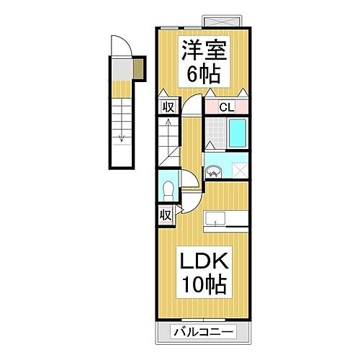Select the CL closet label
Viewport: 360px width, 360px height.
(225, 107)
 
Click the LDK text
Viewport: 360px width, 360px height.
(203, 260)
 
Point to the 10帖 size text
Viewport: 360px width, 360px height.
(203, 285)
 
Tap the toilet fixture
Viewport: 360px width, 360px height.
(168, 190)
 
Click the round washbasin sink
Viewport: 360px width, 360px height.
(215, 171)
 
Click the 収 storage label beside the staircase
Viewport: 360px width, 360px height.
(166, 107)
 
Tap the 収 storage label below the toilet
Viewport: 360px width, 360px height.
(166, 215)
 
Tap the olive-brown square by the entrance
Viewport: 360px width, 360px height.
(140, 68)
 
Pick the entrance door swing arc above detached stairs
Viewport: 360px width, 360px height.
(123, 47)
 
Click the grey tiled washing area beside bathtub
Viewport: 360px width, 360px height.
(215, 133)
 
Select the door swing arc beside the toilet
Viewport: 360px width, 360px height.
(187, 184)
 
